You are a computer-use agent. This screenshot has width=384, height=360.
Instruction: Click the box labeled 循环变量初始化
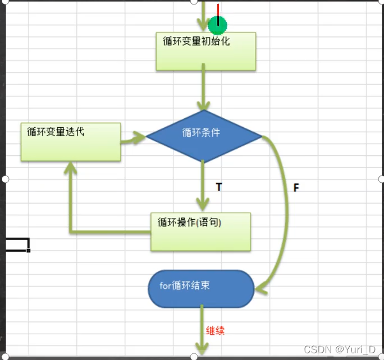pos(205,51)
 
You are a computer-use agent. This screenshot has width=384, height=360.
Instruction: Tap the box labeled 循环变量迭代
pos(71,142)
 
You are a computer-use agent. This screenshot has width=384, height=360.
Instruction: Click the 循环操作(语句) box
pos(200,231)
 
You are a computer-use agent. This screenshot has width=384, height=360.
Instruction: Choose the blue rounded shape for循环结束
pos(201,289)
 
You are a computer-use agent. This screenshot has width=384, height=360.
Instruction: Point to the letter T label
pos(218,187)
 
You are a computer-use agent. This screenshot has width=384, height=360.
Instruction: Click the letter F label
pos(296,187)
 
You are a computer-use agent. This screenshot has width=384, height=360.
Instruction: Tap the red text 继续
pos(215,330)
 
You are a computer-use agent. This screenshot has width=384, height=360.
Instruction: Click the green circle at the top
pos(217,25)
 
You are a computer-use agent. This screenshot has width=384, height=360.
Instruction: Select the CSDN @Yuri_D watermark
pos(343,350)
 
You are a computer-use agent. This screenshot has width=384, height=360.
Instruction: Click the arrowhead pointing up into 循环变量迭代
pos(70,168)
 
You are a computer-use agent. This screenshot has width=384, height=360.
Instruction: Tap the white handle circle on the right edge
pos(381,179)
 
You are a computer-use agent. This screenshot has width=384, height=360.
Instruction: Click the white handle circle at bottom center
pos(194,357)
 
